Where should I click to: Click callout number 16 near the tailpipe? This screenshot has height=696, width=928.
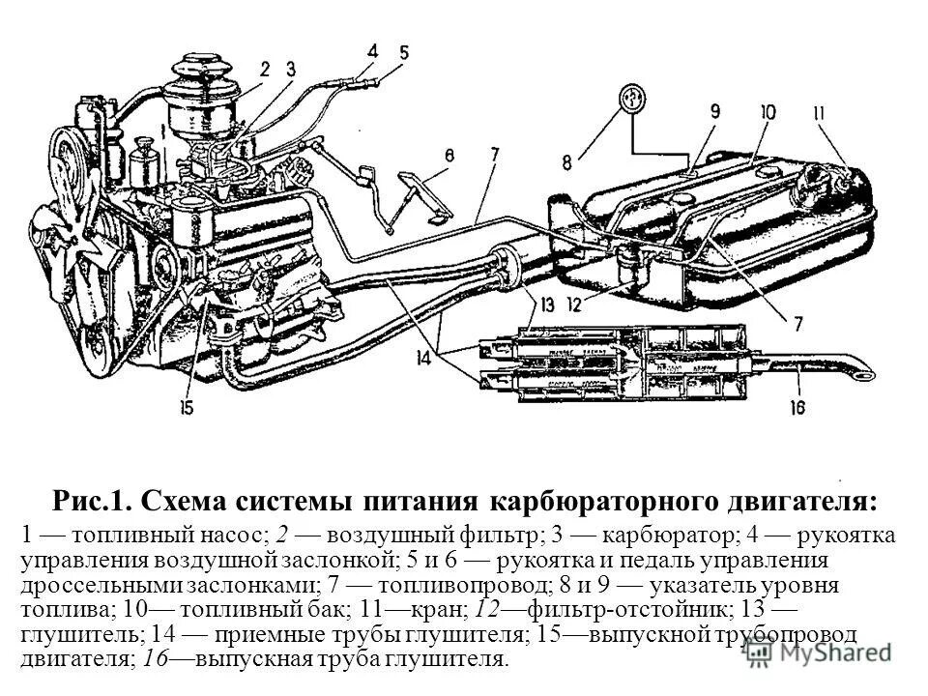coord(796,408)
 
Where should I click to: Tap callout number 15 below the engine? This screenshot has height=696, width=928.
coord(186,408)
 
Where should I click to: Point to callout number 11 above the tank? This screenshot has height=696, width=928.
coord(819,114)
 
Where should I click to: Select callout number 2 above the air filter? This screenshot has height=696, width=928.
coord(264,68)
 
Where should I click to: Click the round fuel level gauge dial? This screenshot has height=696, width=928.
coord(631,101)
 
